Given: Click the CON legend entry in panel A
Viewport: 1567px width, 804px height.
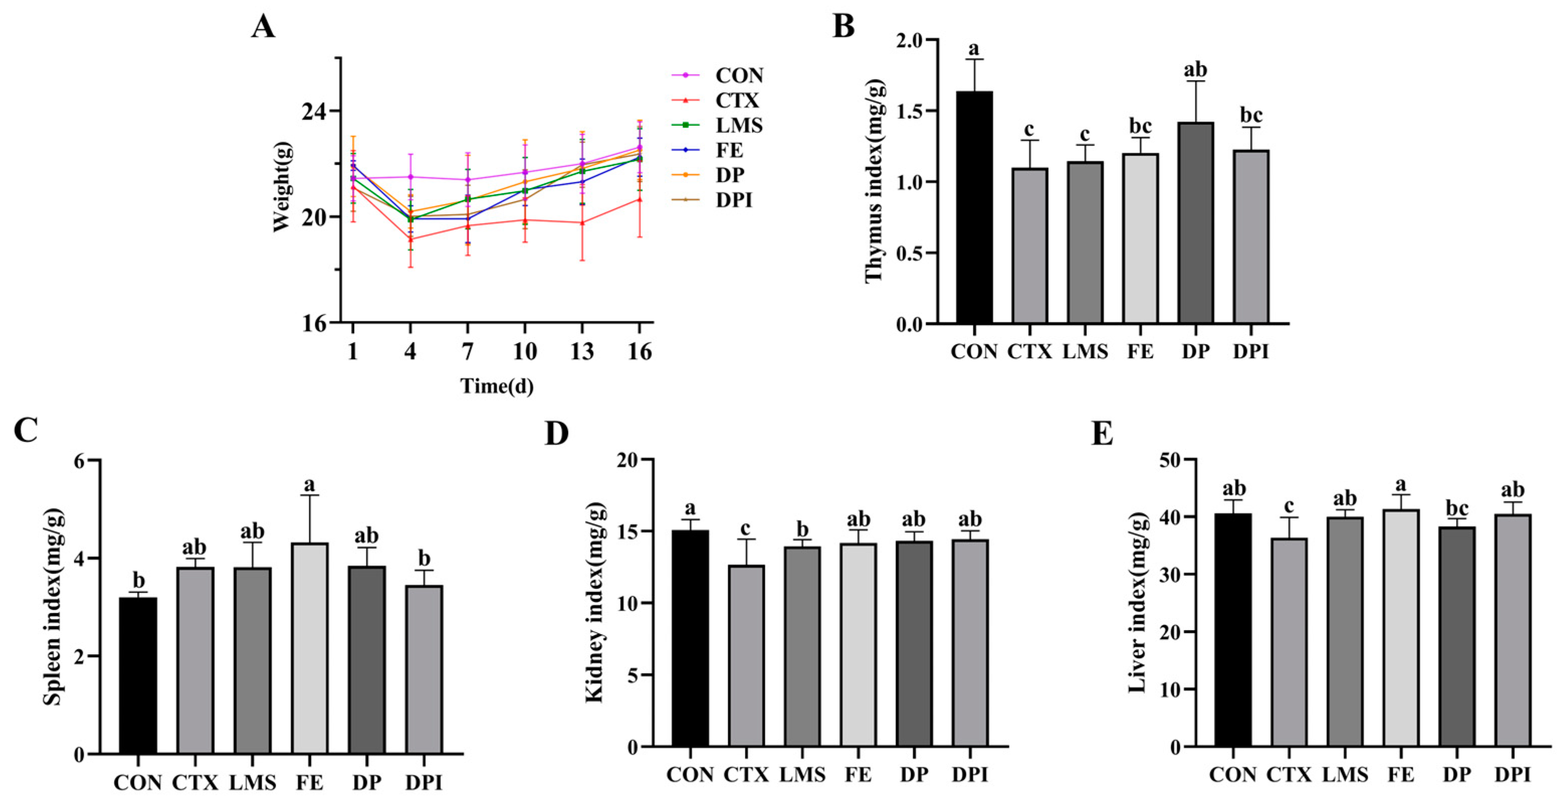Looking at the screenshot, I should click(738, 75).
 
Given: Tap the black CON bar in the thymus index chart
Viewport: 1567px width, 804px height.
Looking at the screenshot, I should click(974, 207).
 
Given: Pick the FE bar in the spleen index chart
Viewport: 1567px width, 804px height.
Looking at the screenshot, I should click(309, 648).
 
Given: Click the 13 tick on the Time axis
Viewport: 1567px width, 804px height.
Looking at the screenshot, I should click(582, 352).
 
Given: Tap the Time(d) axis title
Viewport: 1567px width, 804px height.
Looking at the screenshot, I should click(496, 386).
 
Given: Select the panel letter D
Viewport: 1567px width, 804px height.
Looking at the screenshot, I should click(556, 434).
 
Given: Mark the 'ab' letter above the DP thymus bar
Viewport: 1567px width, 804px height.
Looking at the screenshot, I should click(1195, 69).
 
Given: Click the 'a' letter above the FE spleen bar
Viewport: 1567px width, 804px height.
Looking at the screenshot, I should click(309, 484).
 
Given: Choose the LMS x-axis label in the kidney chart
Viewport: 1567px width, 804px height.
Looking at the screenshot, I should click(803, 775).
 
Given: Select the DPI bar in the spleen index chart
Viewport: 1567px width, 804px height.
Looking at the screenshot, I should click(424, 669).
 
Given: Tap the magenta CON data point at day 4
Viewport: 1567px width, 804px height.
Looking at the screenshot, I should click(411, 177).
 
